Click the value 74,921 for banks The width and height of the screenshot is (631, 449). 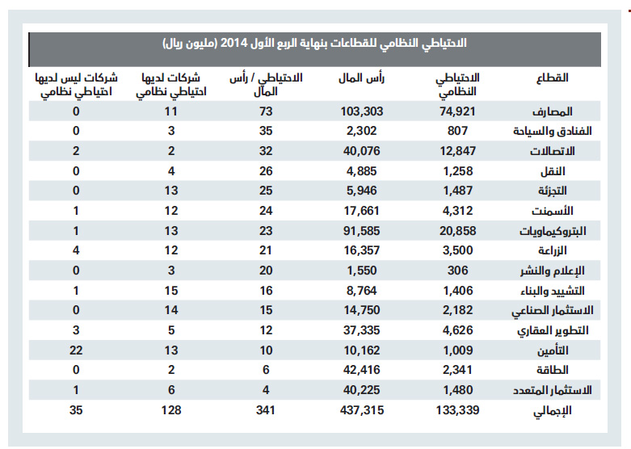click(459, 111)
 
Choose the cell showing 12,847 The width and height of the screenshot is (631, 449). click(459, 150)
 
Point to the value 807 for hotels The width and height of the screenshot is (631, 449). click(459, 130)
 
